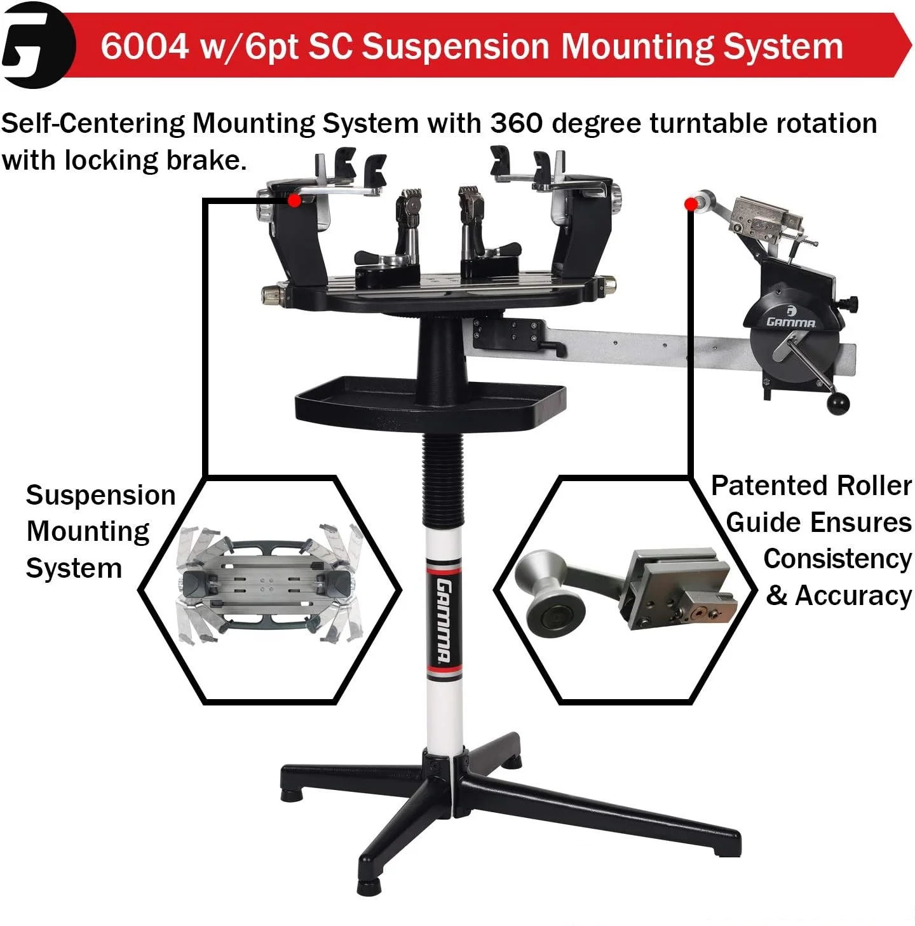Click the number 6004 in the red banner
144,46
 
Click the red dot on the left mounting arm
294,201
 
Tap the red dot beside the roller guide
691,204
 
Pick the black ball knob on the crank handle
838,403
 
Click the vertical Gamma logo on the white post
444,620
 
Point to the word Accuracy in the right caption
853,596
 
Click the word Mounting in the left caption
88,531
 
